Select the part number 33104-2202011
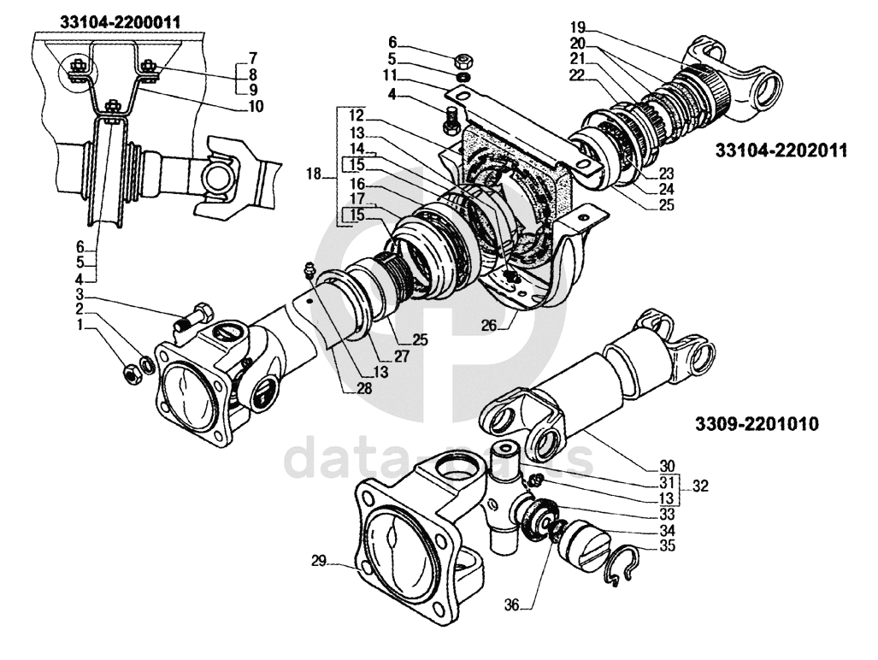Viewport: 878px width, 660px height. (781, 150)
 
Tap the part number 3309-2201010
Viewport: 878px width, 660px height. (757, 423)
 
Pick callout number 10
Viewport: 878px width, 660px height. (256, 107)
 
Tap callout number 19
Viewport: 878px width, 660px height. (578, 26)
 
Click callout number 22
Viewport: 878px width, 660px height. (577, 74)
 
